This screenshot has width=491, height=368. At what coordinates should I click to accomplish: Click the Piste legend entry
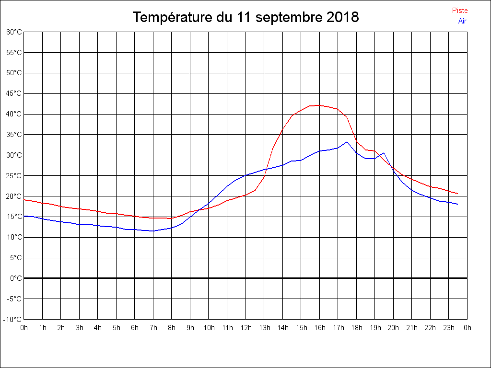(x=459, y=11)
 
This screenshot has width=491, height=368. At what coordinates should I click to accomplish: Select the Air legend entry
(x=462, y=21)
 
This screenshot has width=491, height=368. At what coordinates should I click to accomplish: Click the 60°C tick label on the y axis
(x=14, y=32)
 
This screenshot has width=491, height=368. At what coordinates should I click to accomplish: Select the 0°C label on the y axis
(x=16, y=278)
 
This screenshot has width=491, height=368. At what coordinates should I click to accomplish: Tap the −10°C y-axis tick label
(x=13, y=319)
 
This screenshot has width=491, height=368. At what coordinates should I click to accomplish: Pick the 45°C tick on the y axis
(x=14, y=93)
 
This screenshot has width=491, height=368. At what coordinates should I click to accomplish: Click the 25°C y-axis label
(x=14, y=176)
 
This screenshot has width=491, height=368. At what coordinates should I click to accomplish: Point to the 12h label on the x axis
(x=245, y=328)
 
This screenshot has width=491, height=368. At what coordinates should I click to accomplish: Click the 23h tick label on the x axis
(x=449, y=328)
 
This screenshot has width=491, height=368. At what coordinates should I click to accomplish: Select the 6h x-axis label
(x=135, y=328)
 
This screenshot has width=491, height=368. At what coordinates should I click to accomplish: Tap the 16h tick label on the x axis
(x=319, y=328)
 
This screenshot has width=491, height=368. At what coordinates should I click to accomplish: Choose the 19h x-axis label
(x=375, y=328)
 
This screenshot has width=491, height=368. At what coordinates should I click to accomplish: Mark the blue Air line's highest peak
(x=347, y=142)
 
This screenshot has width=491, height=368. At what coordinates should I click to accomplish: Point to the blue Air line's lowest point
(x=153, y=231)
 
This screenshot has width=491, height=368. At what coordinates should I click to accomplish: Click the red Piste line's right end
(x=458, y=194)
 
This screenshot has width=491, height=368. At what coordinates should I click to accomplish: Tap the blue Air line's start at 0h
(x=24, y=216)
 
